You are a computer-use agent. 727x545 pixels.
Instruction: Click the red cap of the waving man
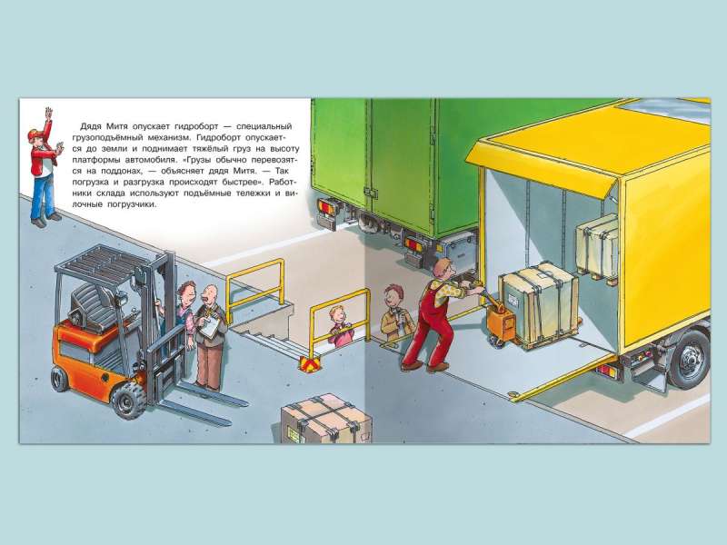(x=35, y=134)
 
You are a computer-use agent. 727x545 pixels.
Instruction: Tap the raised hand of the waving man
(x=48, y=113)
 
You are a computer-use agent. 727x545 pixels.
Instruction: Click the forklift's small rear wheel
(x=60, y=378)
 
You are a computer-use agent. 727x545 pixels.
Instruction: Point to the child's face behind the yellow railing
(x=337, y=318)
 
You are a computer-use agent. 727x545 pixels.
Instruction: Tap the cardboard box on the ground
(x=326, y=419)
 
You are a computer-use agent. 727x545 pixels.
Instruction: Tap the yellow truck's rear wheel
(x=691, y=358)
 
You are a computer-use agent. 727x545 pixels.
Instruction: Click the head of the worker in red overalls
(x=443, y=268)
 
